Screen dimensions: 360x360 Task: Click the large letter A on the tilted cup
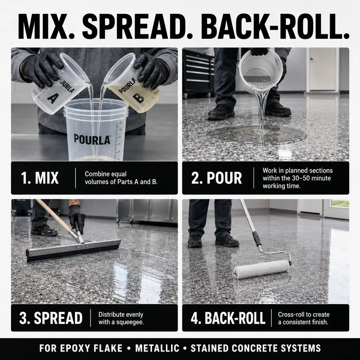tap(53, 99)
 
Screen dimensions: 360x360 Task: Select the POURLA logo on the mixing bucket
tap(92, 139)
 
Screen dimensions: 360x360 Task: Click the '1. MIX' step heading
tap(40, 178)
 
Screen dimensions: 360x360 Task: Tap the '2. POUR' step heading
tap(216, 178)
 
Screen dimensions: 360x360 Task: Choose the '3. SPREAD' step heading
tap(51, 318)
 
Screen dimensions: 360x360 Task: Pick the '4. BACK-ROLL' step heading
tap(228, 318)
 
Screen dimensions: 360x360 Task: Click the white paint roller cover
tap(262, 269)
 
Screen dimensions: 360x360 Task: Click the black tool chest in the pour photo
tap(199, 73)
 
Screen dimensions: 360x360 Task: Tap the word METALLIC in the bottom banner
tap(157, 348)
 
